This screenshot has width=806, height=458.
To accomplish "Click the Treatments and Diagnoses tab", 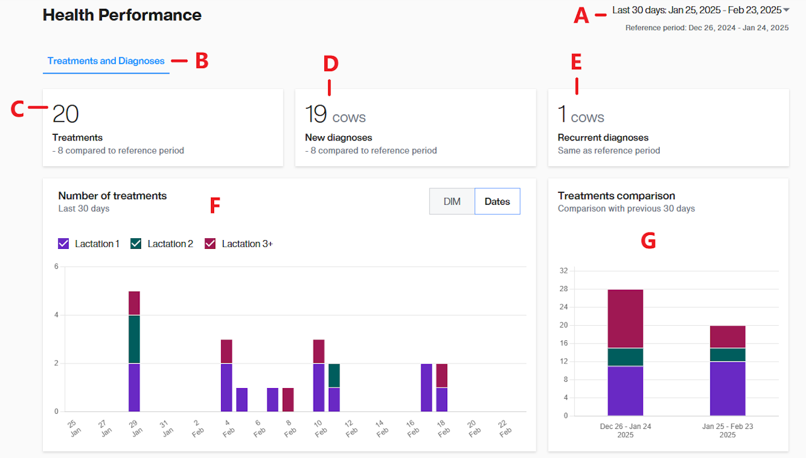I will [x=106, y=61].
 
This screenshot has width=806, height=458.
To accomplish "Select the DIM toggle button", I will [x=452, y=202].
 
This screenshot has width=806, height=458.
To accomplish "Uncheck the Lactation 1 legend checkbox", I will [x=63, y=244].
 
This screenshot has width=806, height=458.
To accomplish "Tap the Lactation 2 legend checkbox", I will [x=136, y=244].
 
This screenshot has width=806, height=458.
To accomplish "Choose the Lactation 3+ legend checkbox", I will [x=210, y=244].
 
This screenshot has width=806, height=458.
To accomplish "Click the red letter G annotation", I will [x=648, y=241].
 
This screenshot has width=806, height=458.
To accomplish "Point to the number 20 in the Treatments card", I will [x=65, y=114].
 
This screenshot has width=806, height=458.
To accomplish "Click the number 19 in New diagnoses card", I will [x=316, y=114].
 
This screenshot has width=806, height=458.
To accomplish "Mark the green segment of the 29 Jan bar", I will [x=134, y=339].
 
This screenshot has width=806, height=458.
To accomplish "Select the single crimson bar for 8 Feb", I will [x=288, y=399].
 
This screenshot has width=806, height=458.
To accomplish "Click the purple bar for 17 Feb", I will [x=427, y=387].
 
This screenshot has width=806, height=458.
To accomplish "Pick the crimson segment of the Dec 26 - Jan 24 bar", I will [x=625, y=318].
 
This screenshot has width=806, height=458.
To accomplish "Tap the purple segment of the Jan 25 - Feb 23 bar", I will [x=727, y=388].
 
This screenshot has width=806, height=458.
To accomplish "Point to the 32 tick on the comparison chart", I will [x=564, y=271].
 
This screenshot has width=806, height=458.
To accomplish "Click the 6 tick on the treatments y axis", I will [x=56, y=266].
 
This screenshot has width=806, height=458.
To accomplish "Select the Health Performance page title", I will [x=122, y=15].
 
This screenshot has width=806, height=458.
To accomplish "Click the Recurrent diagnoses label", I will [x=603, y=137].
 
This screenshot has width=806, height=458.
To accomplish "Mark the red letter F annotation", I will [x=215, y=205].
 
